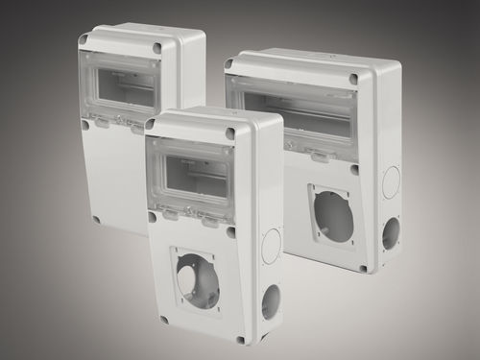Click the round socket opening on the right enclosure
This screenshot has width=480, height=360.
pyautogui.click(x=334, y=217)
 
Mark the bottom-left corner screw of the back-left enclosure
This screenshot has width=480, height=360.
pyautogui.click(x=96, y=219)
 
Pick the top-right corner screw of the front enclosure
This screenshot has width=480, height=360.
pyautogui.click(x=229, y=134)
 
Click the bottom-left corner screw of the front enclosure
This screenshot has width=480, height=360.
pyautogui.click(x=164, y=320)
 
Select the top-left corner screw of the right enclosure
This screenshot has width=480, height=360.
pyautogui.click(x=228, y=64)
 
